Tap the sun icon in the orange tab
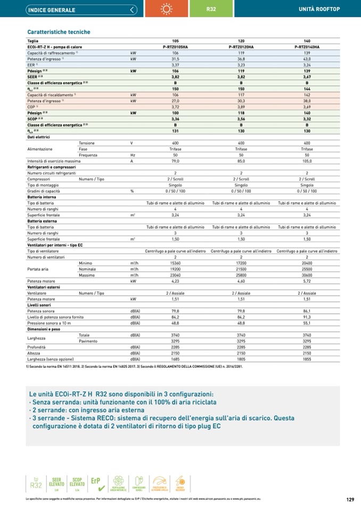coord(167,10)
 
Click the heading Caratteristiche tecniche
coord(59,32)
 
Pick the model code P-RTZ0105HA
coord(175,47)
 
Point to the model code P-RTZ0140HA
coord(307,47)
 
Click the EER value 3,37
coord(175,64)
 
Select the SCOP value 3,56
coord(241,119)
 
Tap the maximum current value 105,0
coord(307,161)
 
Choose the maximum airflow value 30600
coord(307,274)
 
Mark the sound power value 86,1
coord(307,311)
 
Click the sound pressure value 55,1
coord(307,323)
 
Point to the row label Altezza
coord(35,353)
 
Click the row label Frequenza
coord(87,155)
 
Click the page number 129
coord(350,499)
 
